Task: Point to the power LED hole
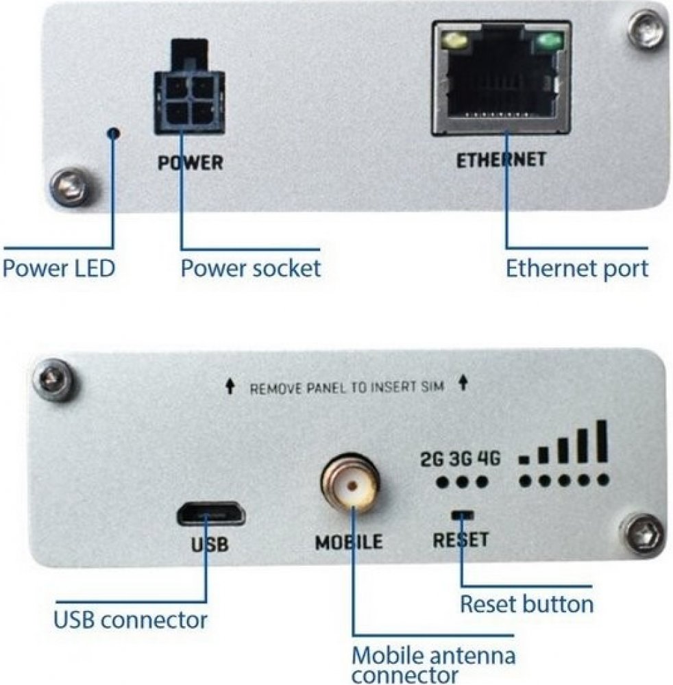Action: pos(115,133)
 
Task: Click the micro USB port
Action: pos(210,512)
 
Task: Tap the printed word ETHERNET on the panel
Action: pos(501,160)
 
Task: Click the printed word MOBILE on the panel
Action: pos(348,543)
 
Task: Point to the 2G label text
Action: pos(432,459)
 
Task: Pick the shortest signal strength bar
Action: pos(525,459)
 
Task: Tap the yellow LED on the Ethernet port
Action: pos(453,43)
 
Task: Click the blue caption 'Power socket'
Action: pos(250,268)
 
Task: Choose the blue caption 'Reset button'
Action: pos(526,604)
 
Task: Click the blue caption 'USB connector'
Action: pos(130,620)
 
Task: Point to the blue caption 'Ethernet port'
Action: pos(576,268)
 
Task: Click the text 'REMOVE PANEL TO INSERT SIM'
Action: pos(346,388)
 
